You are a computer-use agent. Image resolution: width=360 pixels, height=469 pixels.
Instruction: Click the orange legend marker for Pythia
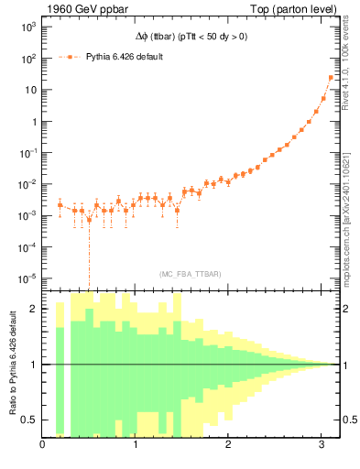(71, 57)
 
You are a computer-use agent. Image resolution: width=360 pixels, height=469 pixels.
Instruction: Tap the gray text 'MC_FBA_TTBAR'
(191, 274)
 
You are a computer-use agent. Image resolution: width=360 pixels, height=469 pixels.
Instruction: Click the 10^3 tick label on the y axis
(27, 27)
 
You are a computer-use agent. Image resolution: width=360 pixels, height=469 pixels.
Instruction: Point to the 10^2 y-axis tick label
(27, 59)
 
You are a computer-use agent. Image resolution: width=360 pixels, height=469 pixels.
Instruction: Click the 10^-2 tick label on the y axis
(27, 184)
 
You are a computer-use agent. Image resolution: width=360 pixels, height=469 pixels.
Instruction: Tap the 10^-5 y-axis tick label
(27, 278)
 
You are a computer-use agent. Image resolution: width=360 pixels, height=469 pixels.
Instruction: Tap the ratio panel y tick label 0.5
(31, 420)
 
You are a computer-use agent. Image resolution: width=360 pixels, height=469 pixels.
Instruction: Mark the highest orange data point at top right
(331, 77)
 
